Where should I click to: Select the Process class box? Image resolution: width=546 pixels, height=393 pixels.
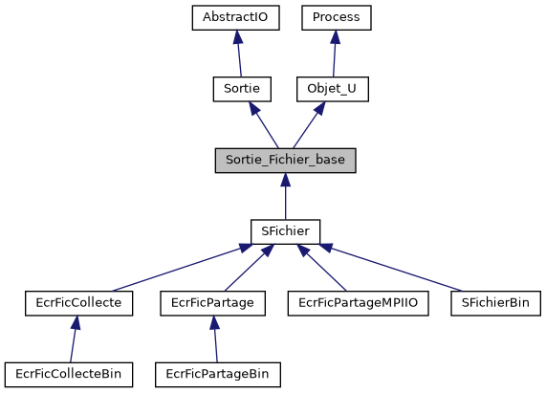click(x=337, y=17)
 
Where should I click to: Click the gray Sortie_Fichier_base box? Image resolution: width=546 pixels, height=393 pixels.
click(x=285, y=160)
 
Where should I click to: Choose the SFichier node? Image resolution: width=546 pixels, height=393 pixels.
click(x=285, y=231)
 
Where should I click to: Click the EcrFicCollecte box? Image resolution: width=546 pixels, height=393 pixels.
click(x=78, y=303)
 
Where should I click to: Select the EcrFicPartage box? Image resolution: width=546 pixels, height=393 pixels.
click(x=212, y=303)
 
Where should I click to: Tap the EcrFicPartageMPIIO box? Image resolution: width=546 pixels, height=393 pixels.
click(x=359, y=303)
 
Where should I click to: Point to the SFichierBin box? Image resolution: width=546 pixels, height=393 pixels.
click(x=495, y=303)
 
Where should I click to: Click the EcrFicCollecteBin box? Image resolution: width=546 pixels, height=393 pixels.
click(x=69, y=374)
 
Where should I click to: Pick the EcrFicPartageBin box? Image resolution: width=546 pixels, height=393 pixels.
click(x=218, y=374)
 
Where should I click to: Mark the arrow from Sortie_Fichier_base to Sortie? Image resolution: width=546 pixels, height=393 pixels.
click(x=263, y=124)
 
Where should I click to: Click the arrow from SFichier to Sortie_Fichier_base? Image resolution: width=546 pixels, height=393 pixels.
click(x=285, y=196)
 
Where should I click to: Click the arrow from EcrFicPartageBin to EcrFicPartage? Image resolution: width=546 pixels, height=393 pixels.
click(x=215, y=338)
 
